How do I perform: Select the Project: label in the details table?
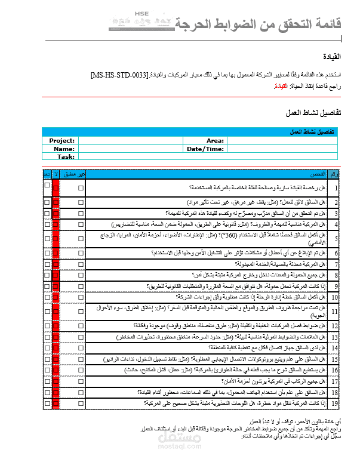[62, 141]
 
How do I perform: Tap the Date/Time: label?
[205, 149]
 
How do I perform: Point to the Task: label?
[66, 157]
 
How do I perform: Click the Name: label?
[64, 149]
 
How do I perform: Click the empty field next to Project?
[131, 141]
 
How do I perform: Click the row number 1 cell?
[336, 188]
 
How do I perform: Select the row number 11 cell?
[336, 312]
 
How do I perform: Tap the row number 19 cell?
[336, 403]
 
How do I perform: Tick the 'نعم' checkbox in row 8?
[47, 275]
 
